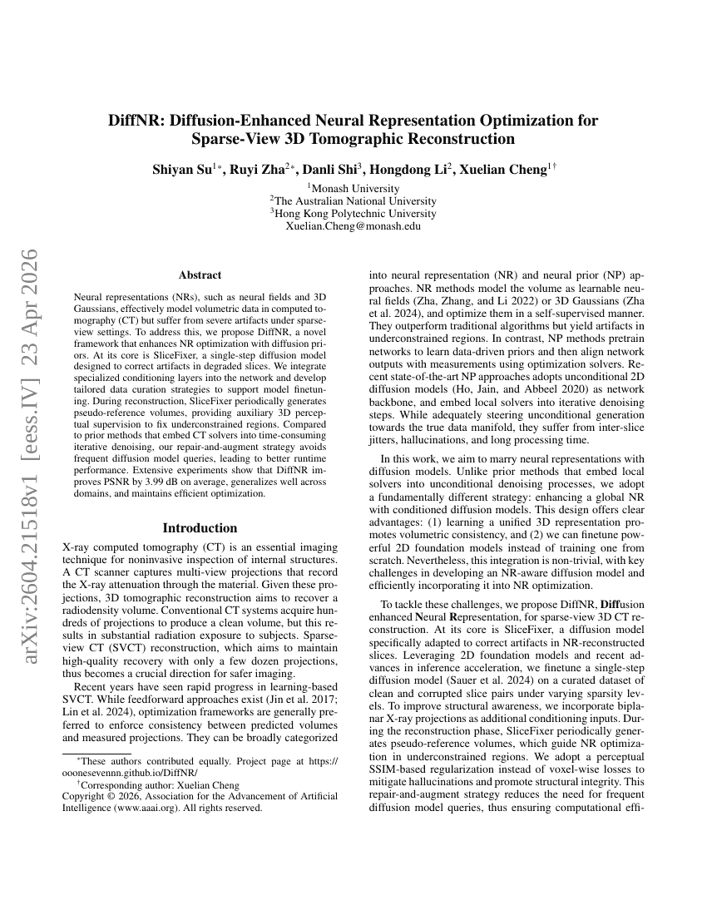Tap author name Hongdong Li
click(x=407, y=170)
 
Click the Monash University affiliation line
click(x=354, y=189)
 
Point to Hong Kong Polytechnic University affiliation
click(x=354, y=214)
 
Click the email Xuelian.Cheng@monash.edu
click(x=353, y=226)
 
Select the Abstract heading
click(x=200, y=275)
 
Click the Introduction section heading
click(x=200, y=527)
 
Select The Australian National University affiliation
click(x=353, y=201)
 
